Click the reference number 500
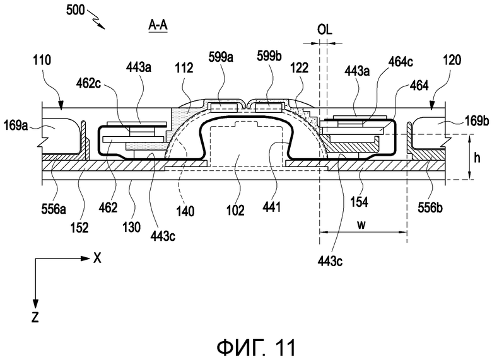(75, 10)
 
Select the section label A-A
(158, 26)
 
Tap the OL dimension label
(324, 30)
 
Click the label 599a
(221, 57)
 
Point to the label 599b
(269, 56)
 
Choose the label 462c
(88, 84)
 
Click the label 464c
(401, 62)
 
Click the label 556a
(54, 208)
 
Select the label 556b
(430, 207)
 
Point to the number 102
(236, 210)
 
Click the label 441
(272, 207)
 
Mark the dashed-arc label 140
(185, 211)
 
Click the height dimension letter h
(477, 158)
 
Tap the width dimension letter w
(361, 224)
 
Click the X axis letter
(97, 258)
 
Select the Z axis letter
(35, 317)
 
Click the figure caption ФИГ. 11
(256, 347)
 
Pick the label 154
(360, 202)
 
